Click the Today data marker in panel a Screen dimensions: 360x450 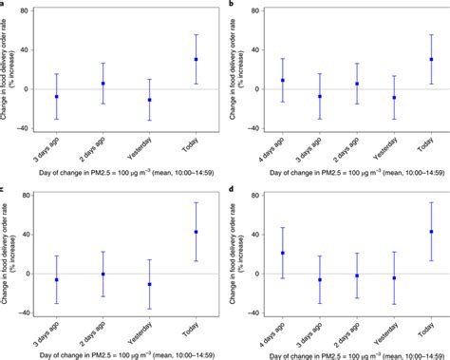[197, 59]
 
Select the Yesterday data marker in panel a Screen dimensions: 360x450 [149, 100]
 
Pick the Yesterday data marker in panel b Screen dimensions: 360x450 [393, 98]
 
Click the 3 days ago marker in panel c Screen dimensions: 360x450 [57, 280]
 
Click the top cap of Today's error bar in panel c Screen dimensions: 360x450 [197, 202]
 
